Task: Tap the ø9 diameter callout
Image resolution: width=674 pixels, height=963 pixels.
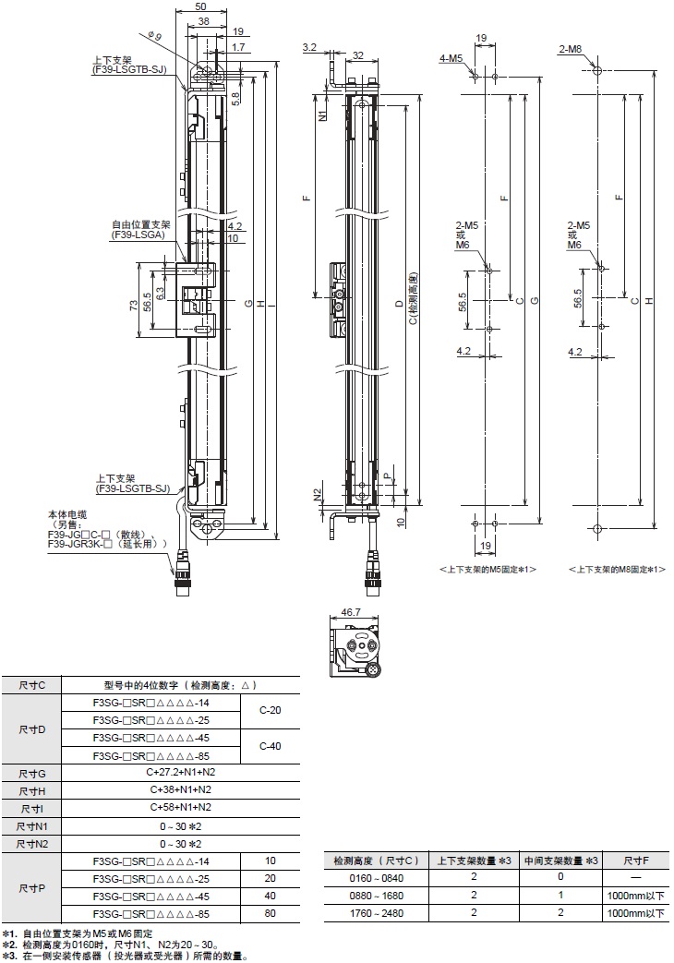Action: tap(154, 36)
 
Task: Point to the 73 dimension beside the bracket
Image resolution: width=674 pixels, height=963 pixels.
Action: tap(134, 306)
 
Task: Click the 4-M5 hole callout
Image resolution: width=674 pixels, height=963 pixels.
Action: tap(451, 59)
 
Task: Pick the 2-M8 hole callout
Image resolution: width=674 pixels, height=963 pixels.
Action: tap(571, 49)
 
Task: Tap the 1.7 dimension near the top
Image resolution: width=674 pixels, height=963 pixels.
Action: tap(238, 46)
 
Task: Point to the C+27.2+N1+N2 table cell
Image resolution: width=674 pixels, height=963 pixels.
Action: tap(180, 772)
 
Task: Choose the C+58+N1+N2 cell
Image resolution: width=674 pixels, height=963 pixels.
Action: tap(180, 808)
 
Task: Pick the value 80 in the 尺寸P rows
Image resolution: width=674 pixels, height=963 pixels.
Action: tap(270, 914)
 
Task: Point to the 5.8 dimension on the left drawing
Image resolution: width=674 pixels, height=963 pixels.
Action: tap(236, 96)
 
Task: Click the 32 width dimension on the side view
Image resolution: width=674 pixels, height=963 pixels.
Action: tap(356, 54)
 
